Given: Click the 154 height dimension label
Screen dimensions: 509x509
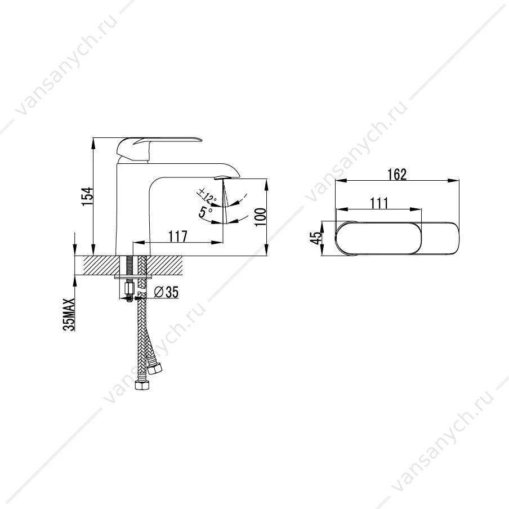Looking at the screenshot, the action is pyautogui.click(x=87, y=196).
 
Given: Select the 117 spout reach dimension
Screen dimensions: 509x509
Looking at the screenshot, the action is pyautogui.click(x=178, y=236).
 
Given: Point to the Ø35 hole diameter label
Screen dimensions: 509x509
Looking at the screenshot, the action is pyautogui.click(x=166, y=292).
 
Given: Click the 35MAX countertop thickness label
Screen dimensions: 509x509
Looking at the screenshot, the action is pyautogui.click(x=69, y=315).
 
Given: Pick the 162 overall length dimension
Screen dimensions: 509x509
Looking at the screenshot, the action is pyautogui.click(x=397, y=175).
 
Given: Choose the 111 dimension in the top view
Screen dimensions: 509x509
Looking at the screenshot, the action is pyautogui.click(x=379, y=203).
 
